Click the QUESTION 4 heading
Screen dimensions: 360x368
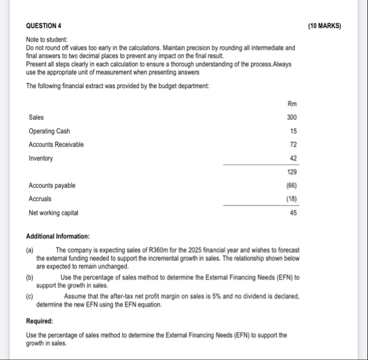[x=44, y=26]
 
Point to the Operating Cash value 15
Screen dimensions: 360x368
[x=294, y=131]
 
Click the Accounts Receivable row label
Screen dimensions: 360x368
[x=56, y=144]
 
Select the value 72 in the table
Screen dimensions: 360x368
[x=294, y=144]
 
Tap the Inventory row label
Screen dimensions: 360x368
[x=40, y=158]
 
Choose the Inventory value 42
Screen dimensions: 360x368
[x=294, y=158]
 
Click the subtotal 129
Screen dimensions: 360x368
[x=293, y=172]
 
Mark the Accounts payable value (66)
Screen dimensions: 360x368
[x=292, y=186]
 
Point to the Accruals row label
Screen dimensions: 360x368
[x=40, y=199]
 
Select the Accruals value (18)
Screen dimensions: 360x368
[x=292, y=199]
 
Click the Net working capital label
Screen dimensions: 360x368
[x=53, y=213]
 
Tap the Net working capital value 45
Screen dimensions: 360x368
[x=294, y=213]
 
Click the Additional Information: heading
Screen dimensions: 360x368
[x=58, y=236]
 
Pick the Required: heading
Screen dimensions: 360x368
[x=40, y=321]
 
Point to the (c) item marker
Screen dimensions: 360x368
[x=30, y=297]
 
